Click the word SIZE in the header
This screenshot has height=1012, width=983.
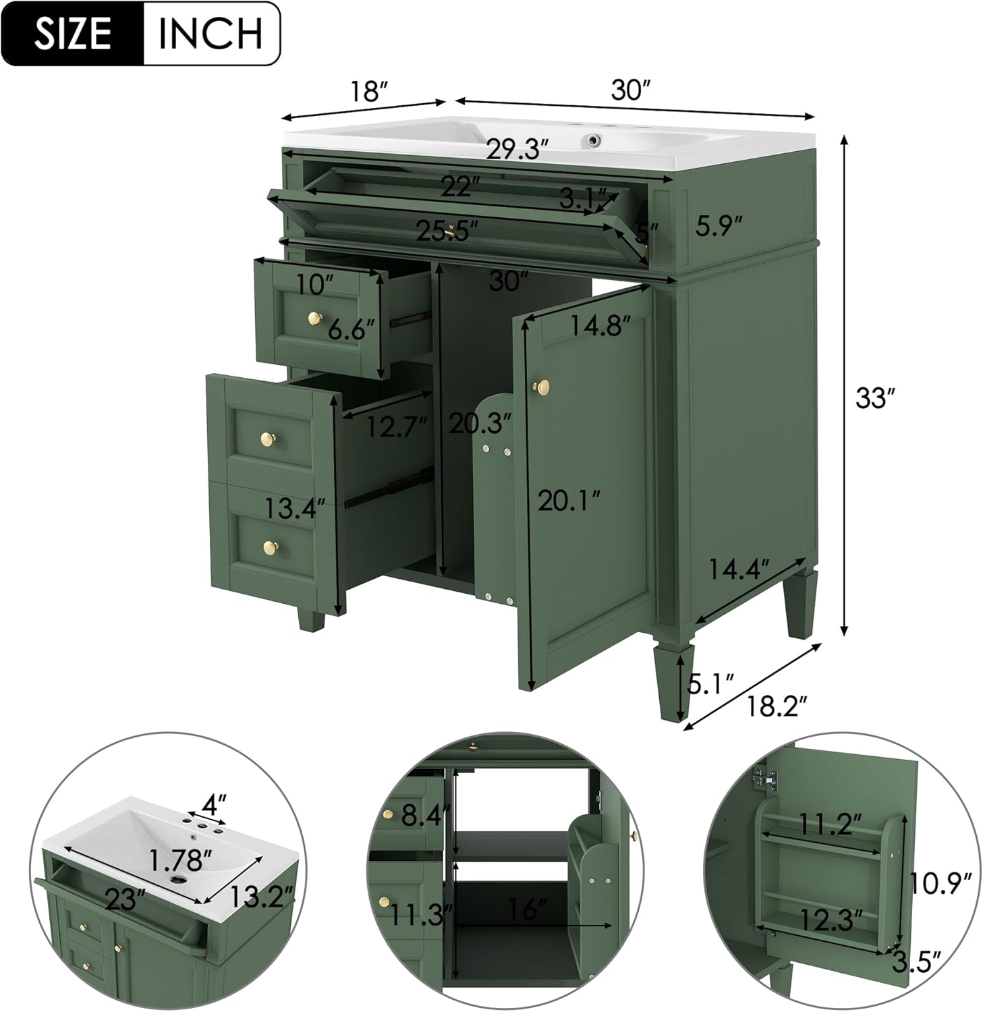[74, 33]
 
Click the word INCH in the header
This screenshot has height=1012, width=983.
[210, 33]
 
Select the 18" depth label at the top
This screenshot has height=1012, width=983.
[366, 91]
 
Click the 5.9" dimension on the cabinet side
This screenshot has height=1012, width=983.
[720, 226]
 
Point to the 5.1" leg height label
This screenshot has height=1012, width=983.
[710, 685]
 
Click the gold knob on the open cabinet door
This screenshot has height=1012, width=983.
[542, 387]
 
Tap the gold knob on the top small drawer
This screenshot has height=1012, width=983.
[314, 318]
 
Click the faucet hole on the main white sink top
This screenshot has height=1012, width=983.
[594, 140]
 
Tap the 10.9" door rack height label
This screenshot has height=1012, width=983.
[940, 882]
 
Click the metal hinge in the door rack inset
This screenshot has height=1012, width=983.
[764, 779]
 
